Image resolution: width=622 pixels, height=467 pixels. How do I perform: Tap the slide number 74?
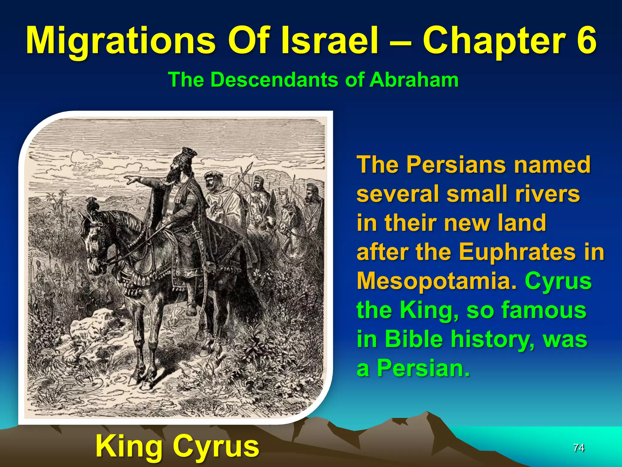click(x=579, y=448)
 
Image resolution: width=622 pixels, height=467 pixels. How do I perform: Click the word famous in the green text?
click(x=544, y=310)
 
